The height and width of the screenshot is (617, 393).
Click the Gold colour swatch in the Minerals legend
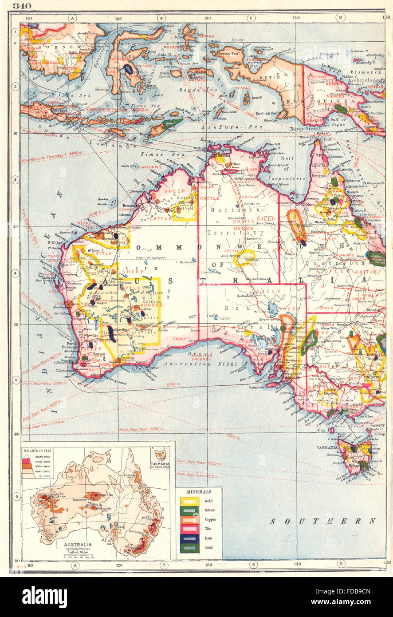point(189,501)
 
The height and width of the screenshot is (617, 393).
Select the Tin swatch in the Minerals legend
point(189,529)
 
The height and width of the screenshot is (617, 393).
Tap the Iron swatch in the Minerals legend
point(189,538)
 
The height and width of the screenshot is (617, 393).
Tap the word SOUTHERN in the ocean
point(323,521)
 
